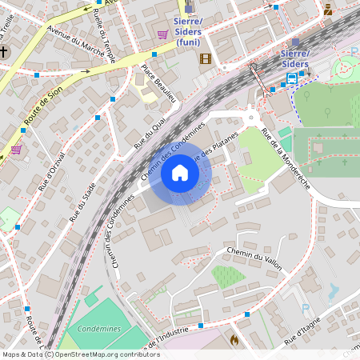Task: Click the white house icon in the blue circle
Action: [x=179, y=173]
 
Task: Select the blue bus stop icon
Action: [x=292, y=78]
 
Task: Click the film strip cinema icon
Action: [x=205, y=58]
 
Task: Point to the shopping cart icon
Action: [x=162, y=34]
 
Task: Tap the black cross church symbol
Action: [x=4, y=52]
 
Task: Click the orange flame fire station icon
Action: [x=234, y=340]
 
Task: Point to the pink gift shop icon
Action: [x=16, y=150]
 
